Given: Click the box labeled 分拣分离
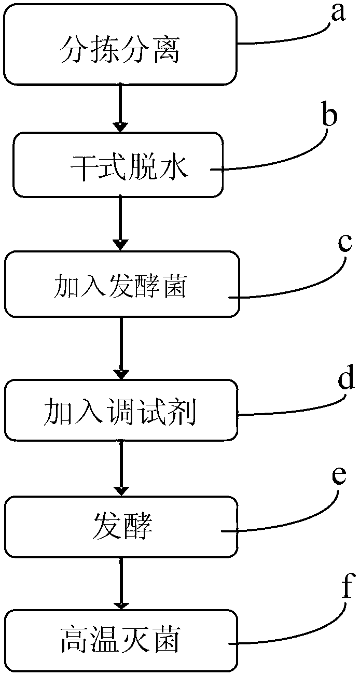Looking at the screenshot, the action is (x=120, y=45).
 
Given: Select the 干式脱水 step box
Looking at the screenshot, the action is (x=118, y=165).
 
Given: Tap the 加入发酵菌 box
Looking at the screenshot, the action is (x=122, y=284).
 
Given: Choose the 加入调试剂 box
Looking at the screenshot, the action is (x=121, y=410).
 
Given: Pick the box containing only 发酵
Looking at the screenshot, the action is (x=121, y=526).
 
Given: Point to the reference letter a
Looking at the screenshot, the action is (x=338, y=13).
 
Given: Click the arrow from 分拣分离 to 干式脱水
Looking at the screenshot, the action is (x=120, y=107).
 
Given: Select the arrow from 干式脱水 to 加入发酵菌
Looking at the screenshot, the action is (x=120, y=223).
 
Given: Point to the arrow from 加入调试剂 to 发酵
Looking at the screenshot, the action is (x=121, y=468).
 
